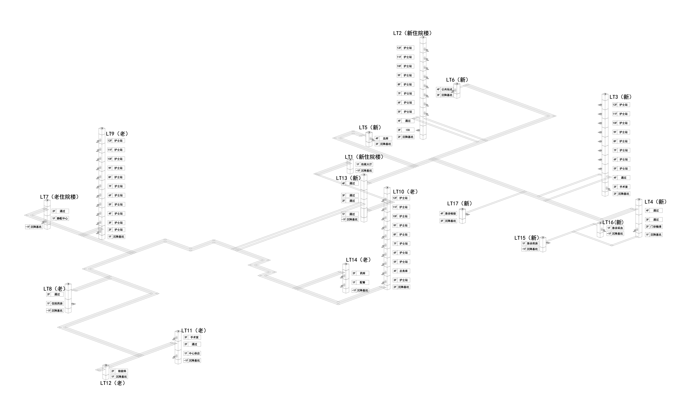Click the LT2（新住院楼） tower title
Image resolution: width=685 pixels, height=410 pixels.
413,33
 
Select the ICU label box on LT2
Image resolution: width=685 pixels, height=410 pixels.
406,130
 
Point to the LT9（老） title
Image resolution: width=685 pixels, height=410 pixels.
117,134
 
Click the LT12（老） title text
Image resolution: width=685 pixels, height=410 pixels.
113,383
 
